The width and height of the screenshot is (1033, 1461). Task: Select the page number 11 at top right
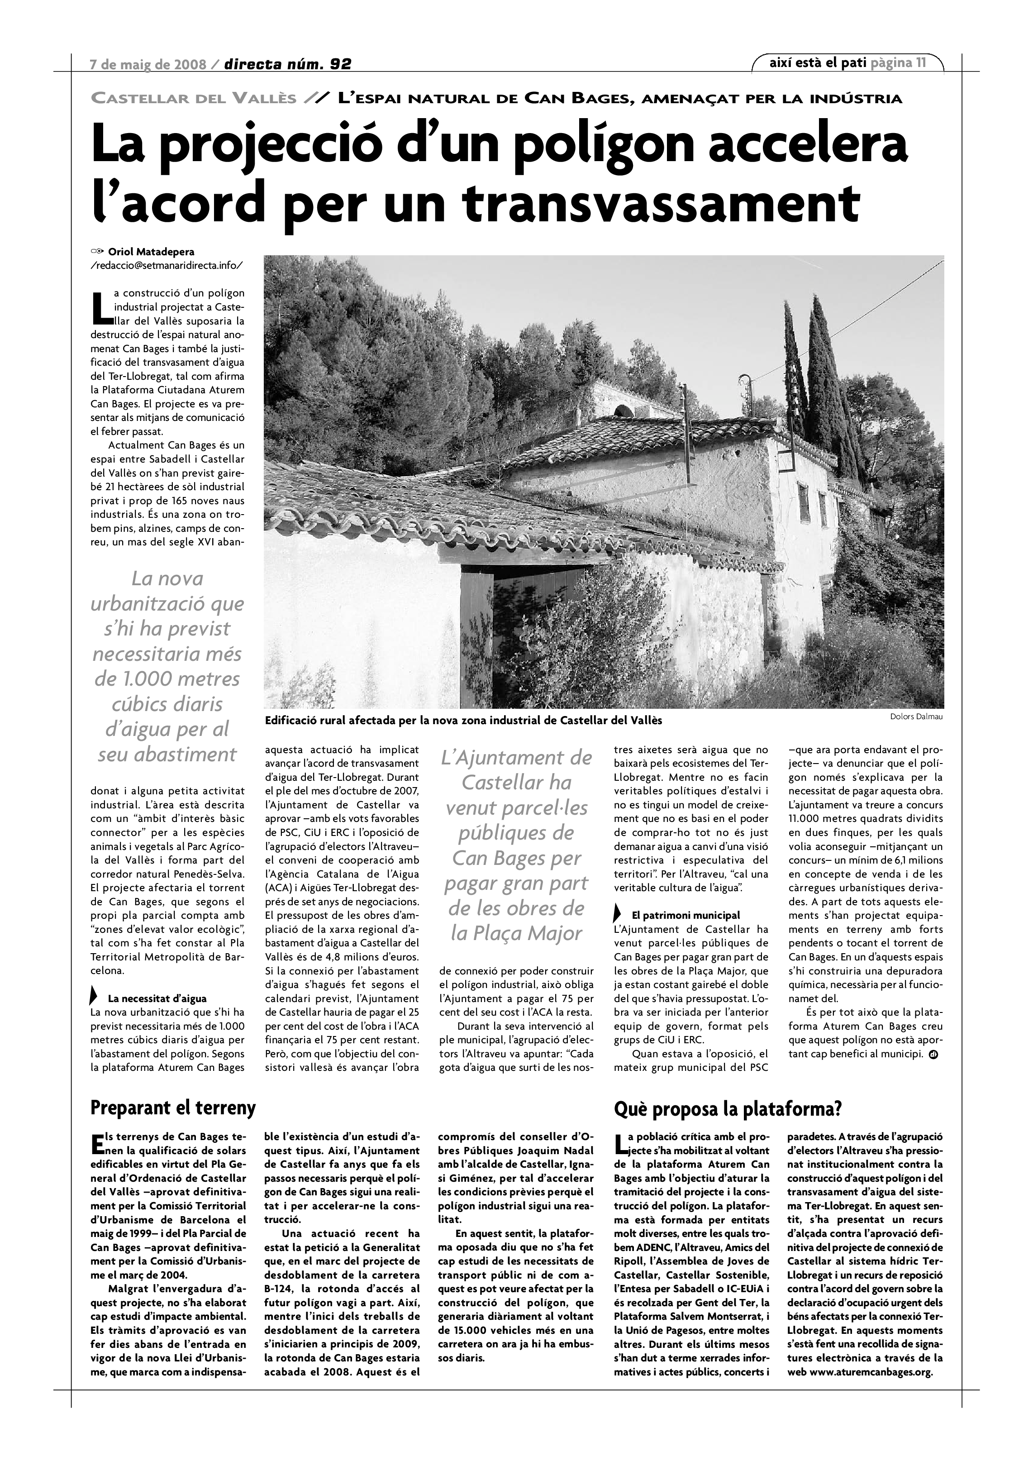[920, 62]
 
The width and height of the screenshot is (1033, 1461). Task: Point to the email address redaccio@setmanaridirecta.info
[167, 265]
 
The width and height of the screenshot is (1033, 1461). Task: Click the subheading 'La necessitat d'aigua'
[157, 998]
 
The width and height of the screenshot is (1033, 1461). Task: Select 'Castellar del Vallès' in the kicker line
[194, 99]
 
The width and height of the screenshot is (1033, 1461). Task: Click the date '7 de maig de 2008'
[148, 64]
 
